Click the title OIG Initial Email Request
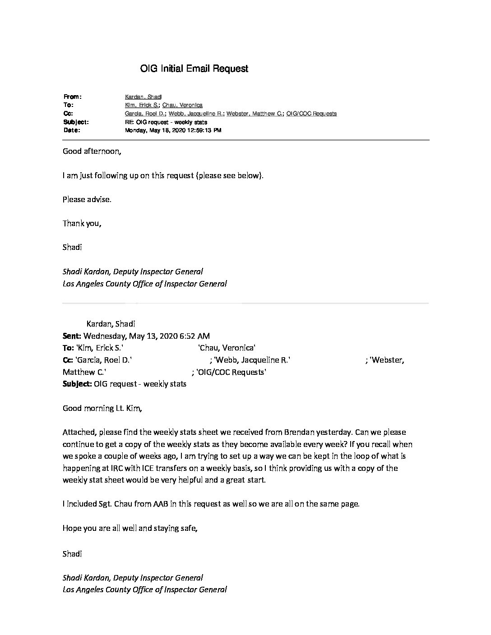194,69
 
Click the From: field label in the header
72,97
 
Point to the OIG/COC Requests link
311,114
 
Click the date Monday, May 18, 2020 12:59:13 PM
173,130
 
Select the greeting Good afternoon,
92,152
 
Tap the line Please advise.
87,199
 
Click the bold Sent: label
72,336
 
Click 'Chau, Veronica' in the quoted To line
227,348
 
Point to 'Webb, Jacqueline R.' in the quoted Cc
252,360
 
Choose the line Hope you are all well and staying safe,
130,528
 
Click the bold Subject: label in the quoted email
77,384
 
